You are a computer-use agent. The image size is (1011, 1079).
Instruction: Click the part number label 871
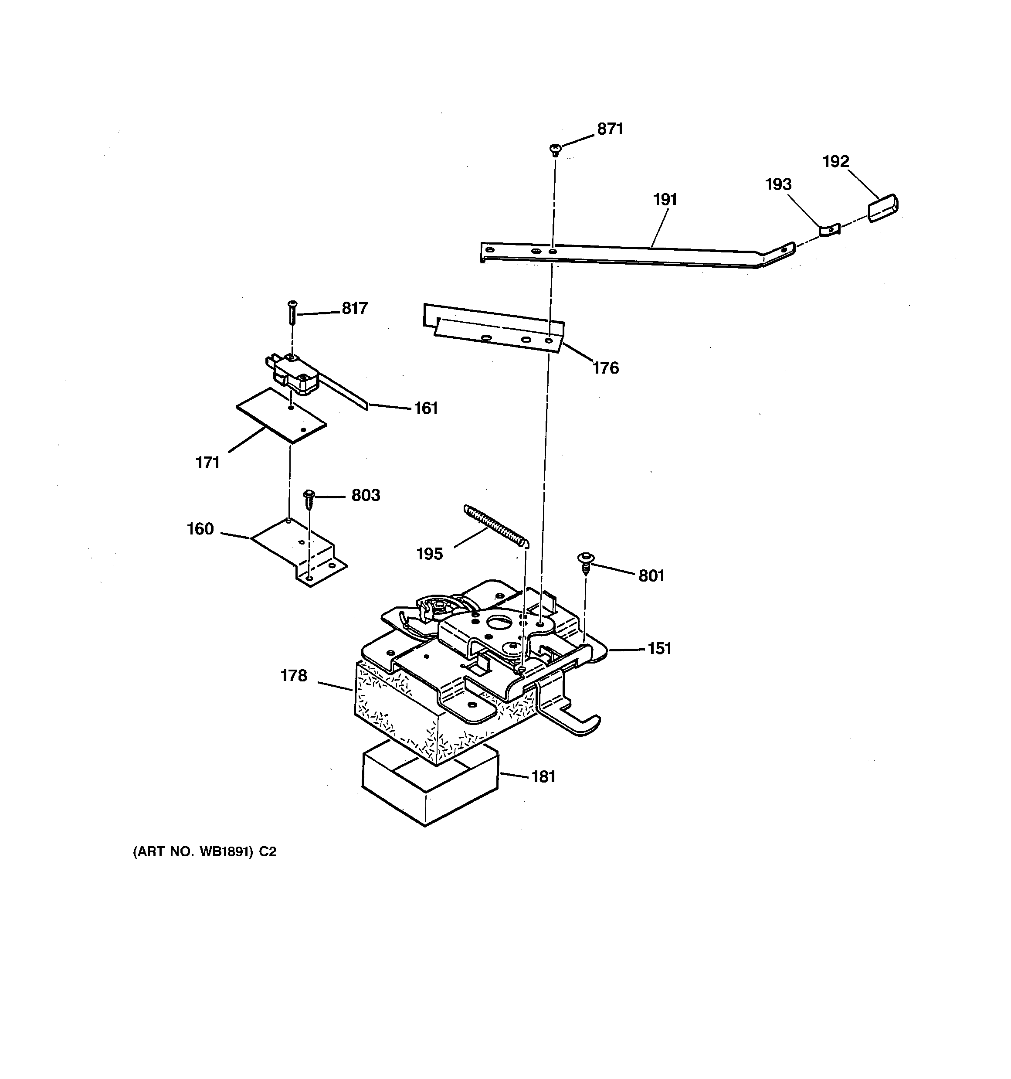pos(610,129)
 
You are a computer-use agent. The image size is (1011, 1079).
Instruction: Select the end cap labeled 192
pos(883,208)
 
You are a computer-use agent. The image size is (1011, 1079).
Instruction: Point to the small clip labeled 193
pos(830,230)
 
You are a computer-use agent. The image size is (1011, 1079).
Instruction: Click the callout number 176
pos(605,368)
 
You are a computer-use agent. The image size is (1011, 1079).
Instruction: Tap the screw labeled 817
pos(292,312)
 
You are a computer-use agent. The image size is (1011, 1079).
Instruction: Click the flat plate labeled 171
pos(281,415)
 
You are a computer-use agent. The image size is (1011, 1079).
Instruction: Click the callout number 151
pos(659,649)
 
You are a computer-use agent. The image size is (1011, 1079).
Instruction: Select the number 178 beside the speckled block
pos(294,676)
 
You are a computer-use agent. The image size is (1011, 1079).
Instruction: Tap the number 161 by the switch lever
pos(426,408)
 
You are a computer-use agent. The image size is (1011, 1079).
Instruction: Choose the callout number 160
pos(200,529)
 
